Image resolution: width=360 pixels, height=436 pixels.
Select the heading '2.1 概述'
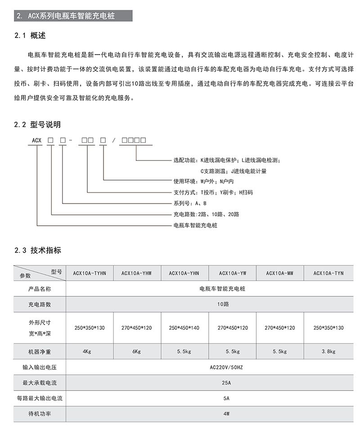click(x=30, y=36)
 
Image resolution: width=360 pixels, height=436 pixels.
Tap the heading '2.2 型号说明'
click(x=37, y=124)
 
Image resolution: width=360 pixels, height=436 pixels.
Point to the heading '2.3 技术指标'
click(x=37, y=250)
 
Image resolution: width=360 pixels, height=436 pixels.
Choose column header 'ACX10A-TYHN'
click(x=89, y=273)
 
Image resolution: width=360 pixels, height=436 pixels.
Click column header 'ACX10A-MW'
click(x=279, y=273)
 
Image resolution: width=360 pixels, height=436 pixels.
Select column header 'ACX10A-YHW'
click(x=136, y=273)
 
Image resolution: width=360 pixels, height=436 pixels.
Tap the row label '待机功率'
click(x=40, y=413)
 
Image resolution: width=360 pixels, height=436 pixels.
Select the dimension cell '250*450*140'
click(x=184, y=327)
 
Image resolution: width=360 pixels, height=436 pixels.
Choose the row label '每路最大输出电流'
click(x=40, y=398)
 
